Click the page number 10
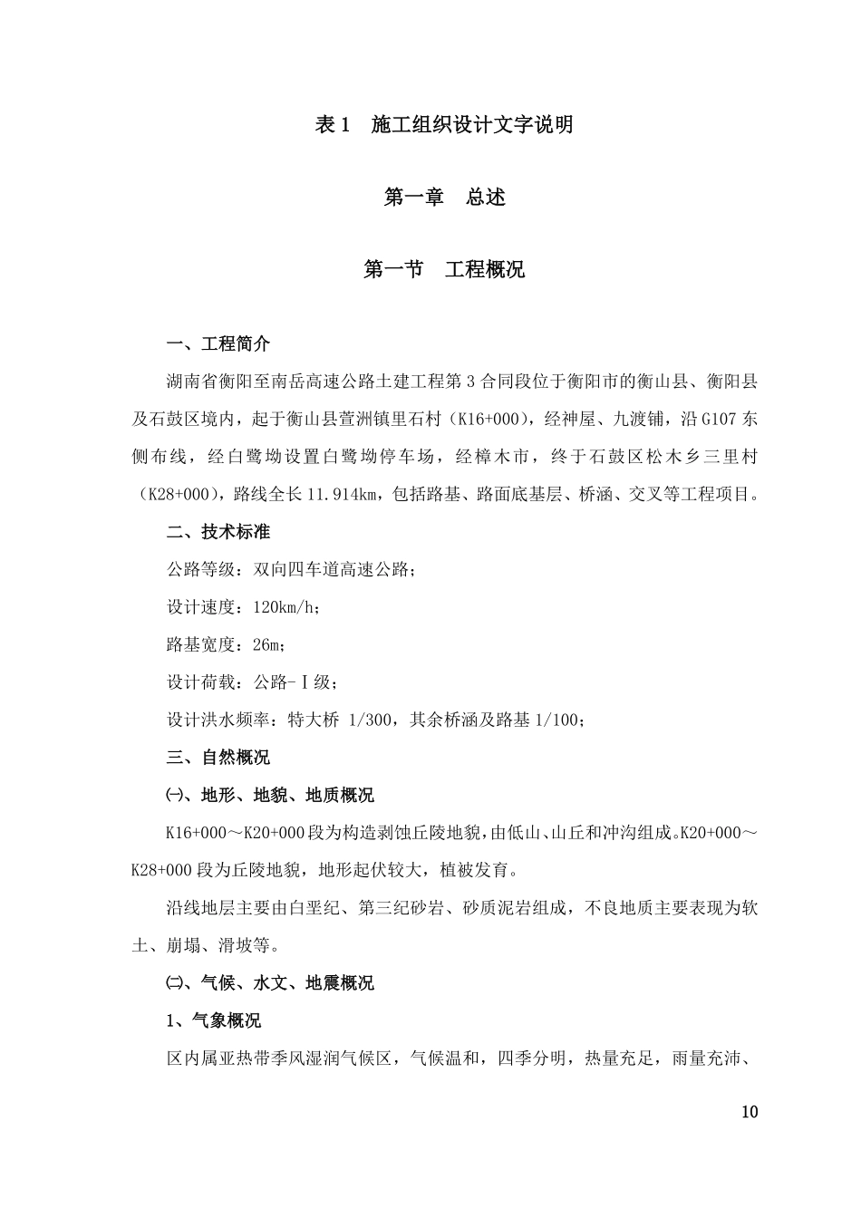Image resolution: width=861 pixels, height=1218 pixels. coord(749,1113)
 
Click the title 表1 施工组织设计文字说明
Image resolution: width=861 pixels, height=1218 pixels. coord(443,125)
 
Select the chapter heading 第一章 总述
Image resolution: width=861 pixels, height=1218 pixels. coord(444,198)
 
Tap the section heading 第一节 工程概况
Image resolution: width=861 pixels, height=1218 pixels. coord(443,270)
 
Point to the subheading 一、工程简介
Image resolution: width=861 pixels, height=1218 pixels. coord(218,344)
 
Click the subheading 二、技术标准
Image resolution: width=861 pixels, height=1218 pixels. coord(218,532)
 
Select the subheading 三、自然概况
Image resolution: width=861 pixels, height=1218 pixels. coord(218,758)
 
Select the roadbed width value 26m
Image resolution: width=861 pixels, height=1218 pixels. coord(268,645)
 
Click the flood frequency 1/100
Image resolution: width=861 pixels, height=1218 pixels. coord(556,720)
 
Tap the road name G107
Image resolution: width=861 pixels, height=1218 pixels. coord(715,420)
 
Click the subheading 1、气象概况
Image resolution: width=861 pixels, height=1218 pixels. coord(214,1021)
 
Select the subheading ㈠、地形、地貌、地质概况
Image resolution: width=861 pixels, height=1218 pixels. coord(269,796)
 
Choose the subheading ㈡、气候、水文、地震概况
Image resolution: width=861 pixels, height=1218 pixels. coord(269,983)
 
